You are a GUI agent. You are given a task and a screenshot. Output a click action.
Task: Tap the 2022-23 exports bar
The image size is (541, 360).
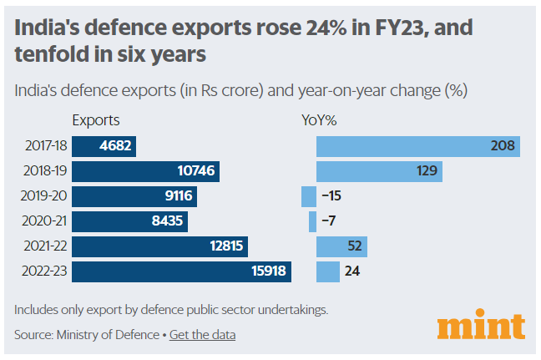(x=181, y=271)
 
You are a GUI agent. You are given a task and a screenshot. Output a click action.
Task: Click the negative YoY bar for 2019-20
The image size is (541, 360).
(x=309, y=197)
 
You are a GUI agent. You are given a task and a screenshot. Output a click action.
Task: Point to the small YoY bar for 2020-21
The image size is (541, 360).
(x=312, y=221)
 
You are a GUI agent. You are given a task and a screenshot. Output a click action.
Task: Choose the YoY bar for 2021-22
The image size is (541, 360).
(x=341, y=246)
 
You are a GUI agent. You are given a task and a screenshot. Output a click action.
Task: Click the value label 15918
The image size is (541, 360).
(x=266, y=271)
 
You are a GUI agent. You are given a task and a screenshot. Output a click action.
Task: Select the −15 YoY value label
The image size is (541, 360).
(x=331, y=197)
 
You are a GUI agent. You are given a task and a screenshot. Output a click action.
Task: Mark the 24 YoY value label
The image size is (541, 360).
(x=352, y=271)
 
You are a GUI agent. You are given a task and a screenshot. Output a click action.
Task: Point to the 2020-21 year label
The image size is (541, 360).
(x=45, y=221)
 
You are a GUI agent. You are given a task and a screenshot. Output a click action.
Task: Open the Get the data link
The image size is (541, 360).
(x=202, y=335)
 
